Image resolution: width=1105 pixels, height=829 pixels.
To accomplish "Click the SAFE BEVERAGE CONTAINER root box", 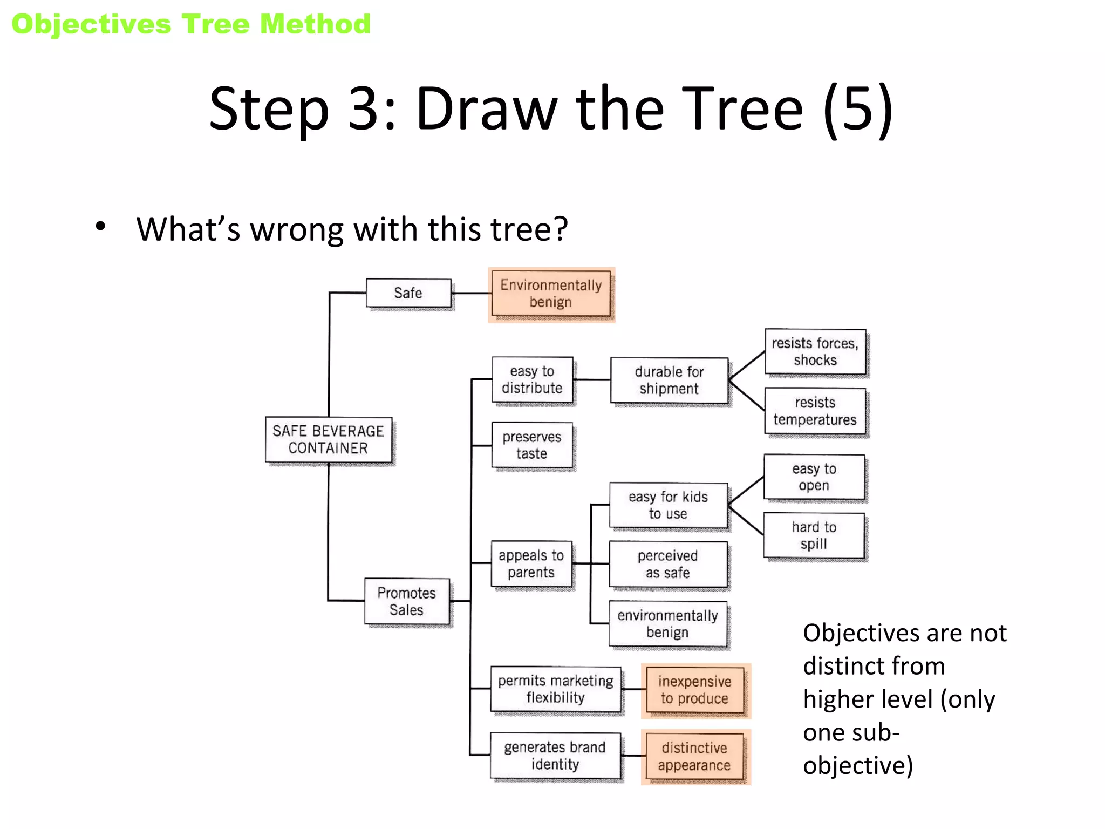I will tap(328, 439).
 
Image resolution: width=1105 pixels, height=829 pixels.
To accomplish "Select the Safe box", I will tap(408, 293).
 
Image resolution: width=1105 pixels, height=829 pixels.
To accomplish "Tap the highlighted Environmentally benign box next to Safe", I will tap(551, 294).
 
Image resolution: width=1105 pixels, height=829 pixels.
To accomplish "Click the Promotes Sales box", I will tap(407, 601).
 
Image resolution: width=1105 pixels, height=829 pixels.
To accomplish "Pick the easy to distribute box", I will tap(532, 379).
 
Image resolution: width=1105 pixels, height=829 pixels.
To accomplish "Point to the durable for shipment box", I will tap(669, 380).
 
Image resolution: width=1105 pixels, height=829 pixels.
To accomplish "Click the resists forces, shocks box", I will tap(815, 351).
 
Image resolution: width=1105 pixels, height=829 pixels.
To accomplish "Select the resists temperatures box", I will tap(815, 411).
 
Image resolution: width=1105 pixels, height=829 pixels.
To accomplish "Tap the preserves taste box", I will tap(532, 445).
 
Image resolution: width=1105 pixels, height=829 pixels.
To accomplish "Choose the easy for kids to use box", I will tap(668, 505).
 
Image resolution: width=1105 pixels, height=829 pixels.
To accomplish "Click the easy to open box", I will tap(814, 477).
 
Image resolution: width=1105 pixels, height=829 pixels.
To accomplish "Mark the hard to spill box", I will tap(814, 535).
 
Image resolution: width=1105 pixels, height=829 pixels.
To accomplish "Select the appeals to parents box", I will tap(531, 564).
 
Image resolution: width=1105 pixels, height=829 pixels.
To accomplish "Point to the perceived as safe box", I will tap(668, 564).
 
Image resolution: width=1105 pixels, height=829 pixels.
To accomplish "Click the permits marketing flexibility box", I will tap(556, 689).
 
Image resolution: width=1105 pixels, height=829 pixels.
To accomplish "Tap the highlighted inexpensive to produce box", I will tap(695, 690).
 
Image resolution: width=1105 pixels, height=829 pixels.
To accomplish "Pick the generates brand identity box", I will tap(555, 756).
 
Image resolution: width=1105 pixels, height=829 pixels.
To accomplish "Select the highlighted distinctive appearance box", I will tap(695, 757).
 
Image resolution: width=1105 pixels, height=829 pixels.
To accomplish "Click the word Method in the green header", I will tap(316, 24).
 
